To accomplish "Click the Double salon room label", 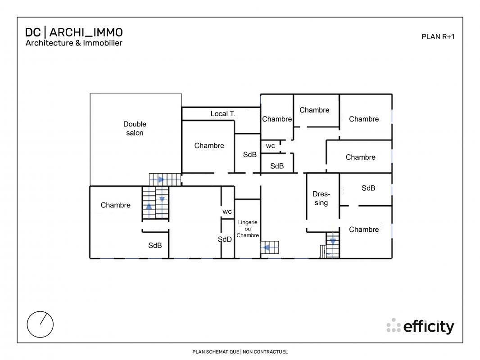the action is [135, 128].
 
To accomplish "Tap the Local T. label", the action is [222, 114].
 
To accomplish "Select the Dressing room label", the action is [321, 198].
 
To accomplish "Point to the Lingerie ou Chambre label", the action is [248, 229].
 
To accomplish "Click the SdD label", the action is [225, 239].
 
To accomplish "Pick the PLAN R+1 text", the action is [438, 37].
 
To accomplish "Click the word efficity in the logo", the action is [429, 327].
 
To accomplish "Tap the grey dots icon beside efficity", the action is [394, 325].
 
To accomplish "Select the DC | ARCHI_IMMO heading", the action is [74, 32].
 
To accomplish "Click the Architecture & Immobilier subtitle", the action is [74, 43].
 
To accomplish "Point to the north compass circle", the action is [40, 324].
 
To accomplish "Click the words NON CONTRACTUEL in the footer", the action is [265, 352].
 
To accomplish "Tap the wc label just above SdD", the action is [227, 211].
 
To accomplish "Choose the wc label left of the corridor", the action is [270, 146].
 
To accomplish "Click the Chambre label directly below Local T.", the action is [209, 146].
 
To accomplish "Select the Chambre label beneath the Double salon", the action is [115, 205].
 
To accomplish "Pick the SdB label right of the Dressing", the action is [368, 188].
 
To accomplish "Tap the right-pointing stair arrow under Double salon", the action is [161, 179].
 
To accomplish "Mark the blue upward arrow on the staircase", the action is [149, 207].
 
